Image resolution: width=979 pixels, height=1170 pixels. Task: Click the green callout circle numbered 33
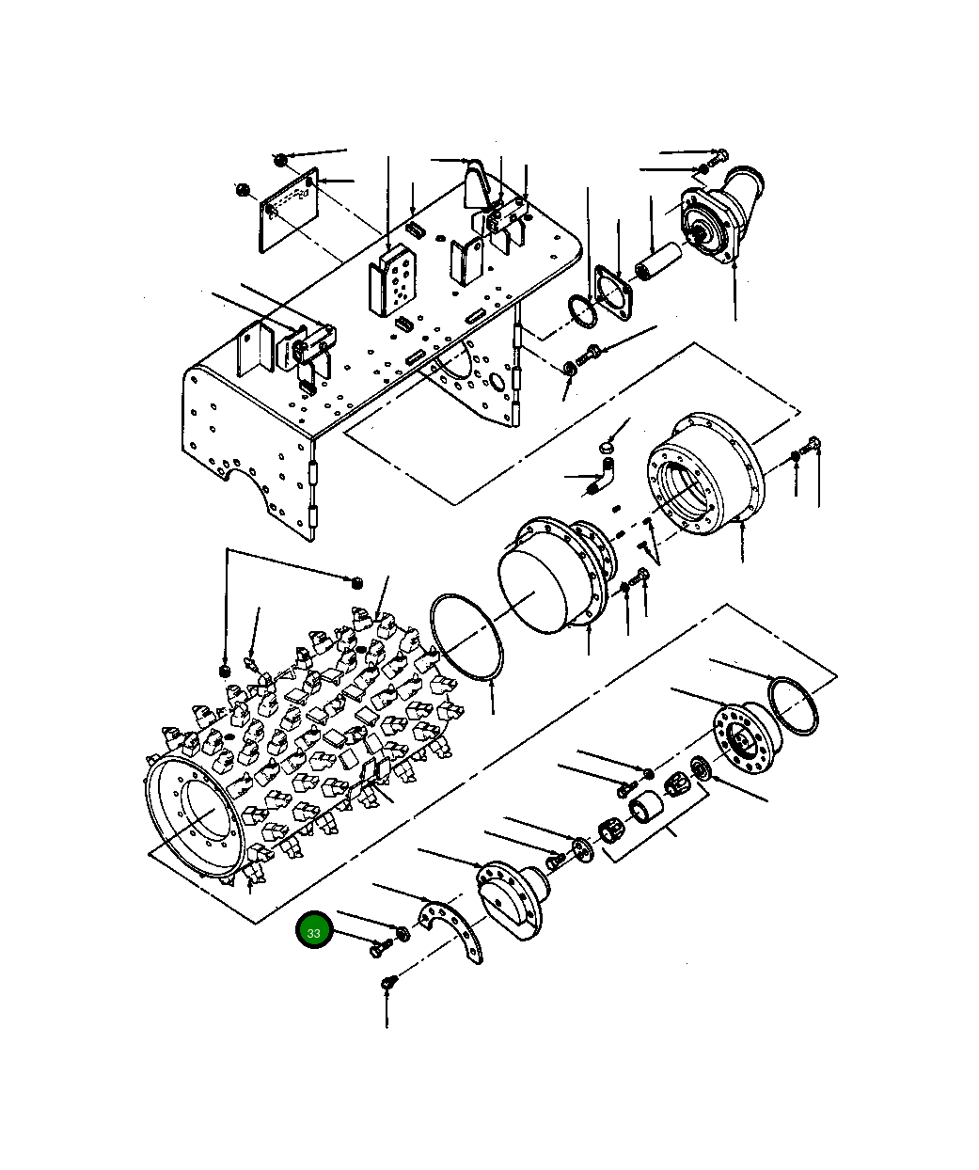314,929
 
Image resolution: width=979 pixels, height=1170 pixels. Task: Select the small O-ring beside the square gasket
582,311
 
